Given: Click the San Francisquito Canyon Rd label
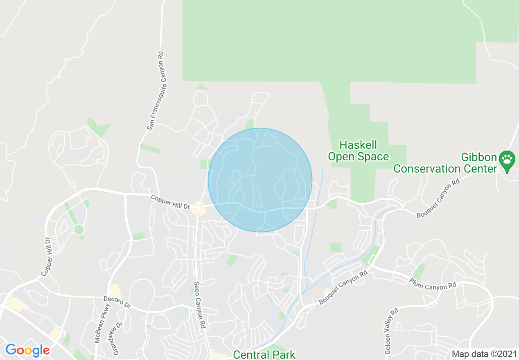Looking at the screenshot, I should (156, 91).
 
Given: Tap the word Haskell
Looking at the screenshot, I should (358, 145).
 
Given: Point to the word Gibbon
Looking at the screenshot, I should (478, 157).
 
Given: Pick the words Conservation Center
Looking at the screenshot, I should (445, 169).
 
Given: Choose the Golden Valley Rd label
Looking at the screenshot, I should (391, 331).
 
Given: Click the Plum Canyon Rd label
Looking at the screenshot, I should (432, 283).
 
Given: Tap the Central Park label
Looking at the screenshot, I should (264, 354).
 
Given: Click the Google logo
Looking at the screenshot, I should (27, 350).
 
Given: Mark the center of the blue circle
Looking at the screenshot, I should (260, 180).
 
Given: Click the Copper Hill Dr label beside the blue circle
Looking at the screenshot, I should (170, 202).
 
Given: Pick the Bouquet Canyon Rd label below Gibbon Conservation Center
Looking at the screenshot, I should (438, 200).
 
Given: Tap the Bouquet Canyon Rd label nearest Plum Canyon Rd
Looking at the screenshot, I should (343, 289).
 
